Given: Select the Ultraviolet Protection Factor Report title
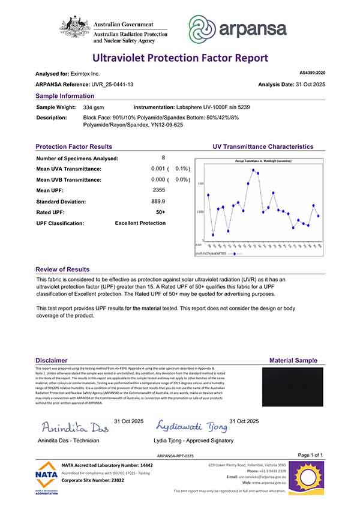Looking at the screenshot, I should pyautogui.click(x=180, y=58).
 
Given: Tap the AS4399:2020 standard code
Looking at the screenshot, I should pyautogui.click(x=312, y=73).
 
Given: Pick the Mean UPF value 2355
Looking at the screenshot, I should pyautogui.click(x=158, y=190).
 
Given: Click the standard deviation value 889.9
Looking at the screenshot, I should pyautogui.click(x=158, y=201).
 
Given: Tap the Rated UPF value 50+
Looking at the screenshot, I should pyautogui.click(x=160, y=212).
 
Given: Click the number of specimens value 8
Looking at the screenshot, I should pyautogui.click(x=155, y=158).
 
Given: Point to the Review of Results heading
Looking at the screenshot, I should pyautogui.click(x=62, y=270).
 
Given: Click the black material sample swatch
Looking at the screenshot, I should pyautogui.click(x=293, y=387).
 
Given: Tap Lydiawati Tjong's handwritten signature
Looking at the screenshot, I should pyautogui.click(x=191, y=427).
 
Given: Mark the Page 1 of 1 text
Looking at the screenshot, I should pyautogui.click(x=310, y=455).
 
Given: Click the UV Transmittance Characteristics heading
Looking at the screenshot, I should pyautogui.click(x=263, y=146).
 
